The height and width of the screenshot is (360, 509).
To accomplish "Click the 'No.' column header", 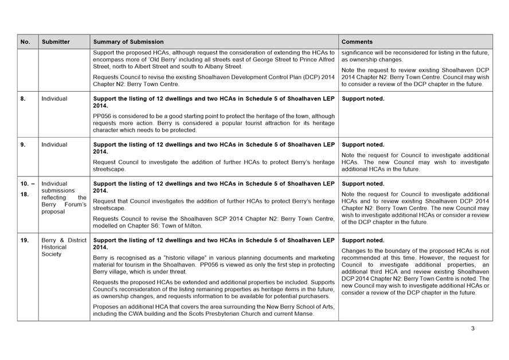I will coord(25,42).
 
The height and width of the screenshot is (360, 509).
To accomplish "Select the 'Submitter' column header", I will coord(56,42).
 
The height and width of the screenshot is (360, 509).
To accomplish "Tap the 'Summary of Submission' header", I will coord(128,42).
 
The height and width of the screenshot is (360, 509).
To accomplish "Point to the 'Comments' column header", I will coord(357,42).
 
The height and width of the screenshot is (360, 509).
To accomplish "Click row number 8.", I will coord(23,99).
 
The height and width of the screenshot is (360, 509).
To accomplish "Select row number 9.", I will coord(23,145).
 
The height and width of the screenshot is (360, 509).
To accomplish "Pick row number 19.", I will coord(25,241).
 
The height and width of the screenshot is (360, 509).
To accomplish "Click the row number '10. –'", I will coord(28,184).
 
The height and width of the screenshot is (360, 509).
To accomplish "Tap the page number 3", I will coord(473,328).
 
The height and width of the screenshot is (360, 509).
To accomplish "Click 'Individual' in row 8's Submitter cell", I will coord(54,99).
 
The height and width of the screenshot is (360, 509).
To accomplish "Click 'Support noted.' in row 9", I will coord(363,145).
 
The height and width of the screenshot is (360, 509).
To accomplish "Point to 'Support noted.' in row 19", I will coord(363,241).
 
